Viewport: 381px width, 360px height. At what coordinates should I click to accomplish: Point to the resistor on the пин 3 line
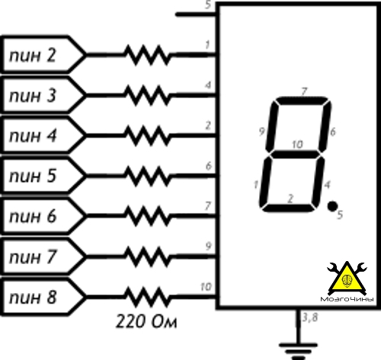[x=147, y=96]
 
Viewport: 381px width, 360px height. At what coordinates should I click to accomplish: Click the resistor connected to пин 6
[x=147, y=216]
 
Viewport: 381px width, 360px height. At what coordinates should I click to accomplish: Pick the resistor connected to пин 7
[x=147, y=256]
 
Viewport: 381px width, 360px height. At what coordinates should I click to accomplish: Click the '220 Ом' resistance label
[x=146, y=321]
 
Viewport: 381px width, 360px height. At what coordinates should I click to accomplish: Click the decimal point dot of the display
[x=332, y=206]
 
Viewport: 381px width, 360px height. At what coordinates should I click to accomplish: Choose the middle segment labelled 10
[x=296, y=155]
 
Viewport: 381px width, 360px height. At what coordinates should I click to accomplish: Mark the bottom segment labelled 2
[x=289, y=208]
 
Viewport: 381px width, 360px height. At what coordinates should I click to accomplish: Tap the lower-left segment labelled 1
[x=264, y=181]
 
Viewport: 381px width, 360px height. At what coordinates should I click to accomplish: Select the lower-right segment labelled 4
[x=319, y=181]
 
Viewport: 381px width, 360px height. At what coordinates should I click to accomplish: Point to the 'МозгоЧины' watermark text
[x=347, y=299]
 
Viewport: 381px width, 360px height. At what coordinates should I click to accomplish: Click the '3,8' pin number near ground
[x=310, y=317]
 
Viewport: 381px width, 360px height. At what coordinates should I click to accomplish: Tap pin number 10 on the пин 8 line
[x=206, y=287]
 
